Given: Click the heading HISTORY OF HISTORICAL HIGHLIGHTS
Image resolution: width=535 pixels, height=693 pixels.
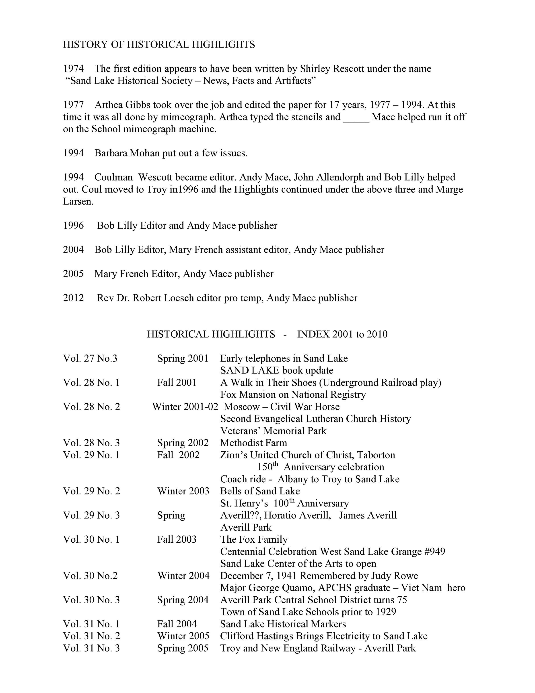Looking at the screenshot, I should tap(159, 44).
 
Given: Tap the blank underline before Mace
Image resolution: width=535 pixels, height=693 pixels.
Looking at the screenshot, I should tap(356, 117).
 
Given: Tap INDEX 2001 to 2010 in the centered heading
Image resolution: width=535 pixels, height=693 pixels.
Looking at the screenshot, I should tap(342, 334).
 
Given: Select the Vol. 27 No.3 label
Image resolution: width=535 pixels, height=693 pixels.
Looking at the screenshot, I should tap(90, 358).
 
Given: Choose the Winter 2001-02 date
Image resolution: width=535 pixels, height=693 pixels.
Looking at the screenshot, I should tap(185, 407).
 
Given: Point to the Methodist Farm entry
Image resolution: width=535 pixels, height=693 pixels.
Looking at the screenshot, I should tap(253, 443).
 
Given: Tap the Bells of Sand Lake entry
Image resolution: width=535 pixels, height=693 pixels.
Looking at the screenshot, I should tap(260, 491).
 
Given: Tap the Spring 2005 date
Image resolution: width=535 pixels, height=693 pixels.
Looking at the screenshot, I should tap(183, 648).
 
